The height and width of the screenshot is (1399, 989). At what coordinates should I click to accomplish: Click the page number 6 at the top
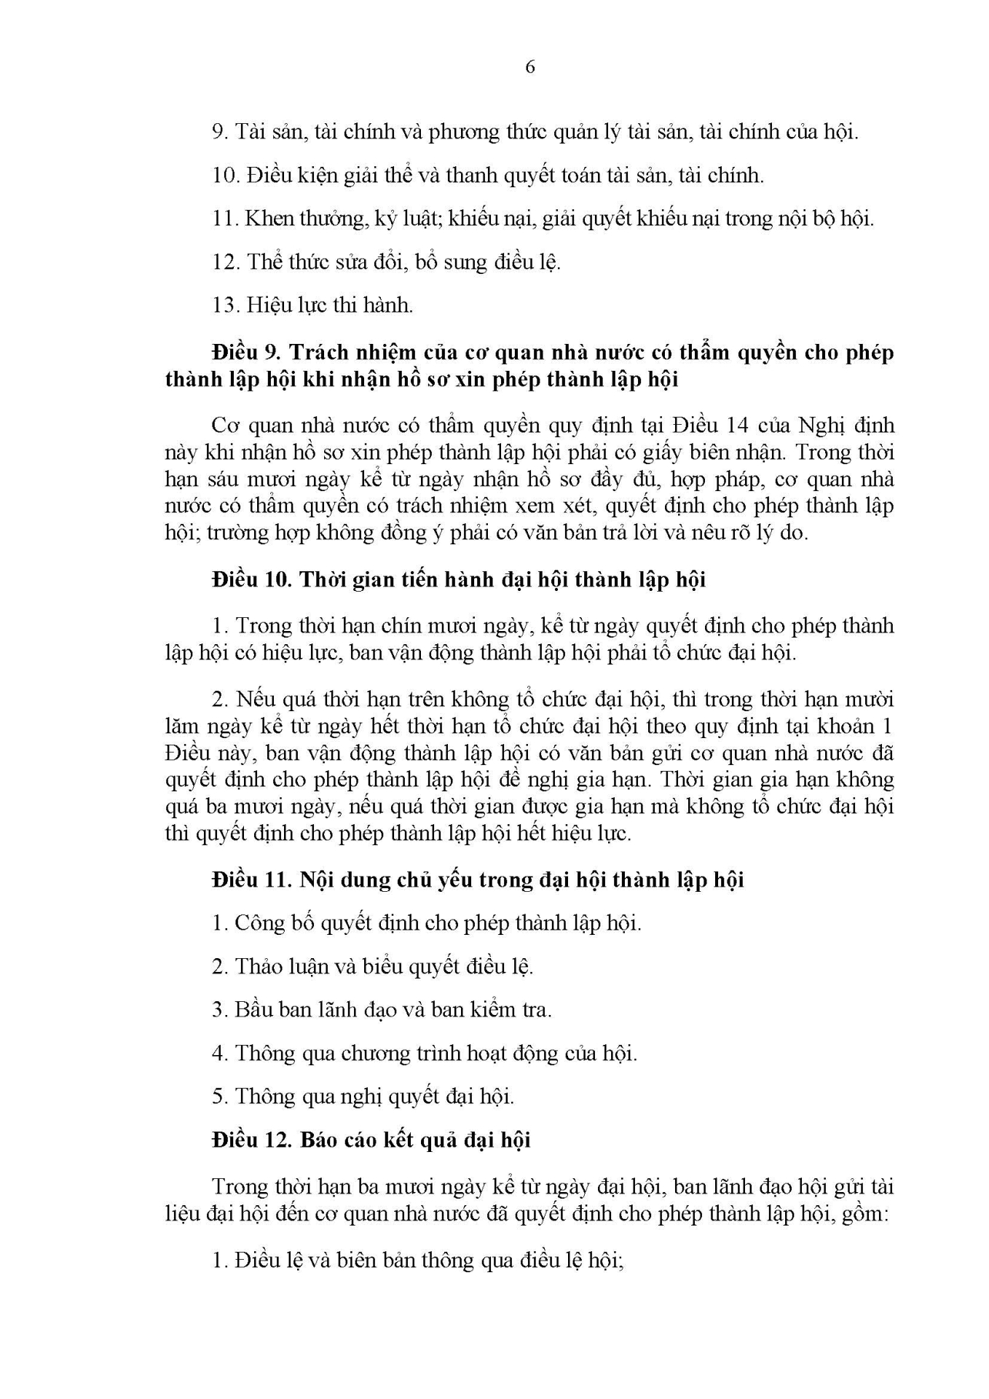(x=529, y=67)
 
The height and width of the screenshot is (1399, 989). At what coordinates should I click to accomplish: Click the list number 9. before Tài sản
(x=221, y=132)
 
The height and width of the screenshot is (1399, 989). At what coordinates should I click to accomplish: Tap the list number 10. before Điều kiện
(x=225, y=176)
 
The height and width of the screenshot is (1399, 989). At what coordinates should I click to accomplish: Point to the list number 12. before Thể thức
(x=225, y=262)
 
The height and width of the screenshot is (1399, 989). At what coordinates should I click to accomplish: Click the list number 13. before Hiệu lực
(x=225, y=305)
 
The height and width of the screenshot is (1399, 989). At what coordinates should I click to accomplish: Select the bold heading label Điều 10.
(x=252, y=580)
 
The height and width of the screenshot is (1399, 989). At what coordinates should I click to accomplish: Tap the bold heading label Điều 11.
(x=251, y=880)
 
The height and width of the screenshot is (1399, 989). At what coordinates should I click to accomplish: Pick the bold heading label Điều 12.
(x=252, y=1140)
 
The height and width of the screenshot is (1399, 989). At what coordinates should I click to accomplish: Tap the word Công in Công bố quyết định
(x=256, y=924)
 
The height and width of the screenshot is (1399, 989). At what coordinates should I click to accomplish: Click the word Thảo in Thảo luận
(x=256, y=968)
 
